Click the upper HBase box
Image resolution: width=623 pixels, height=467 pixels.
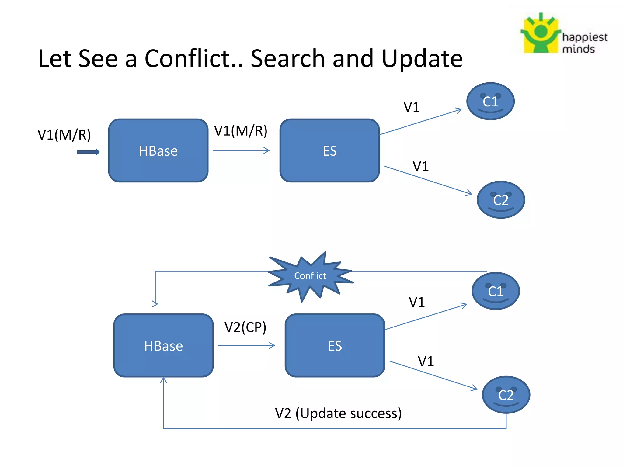coord(158,150)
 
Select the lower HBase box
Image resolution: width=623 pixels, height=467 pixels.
coord(163,346)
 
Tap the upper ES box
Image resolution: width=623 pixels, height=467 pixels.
coord(329,150)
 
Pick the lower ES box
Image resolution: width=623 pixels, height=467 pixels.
coord(335,346)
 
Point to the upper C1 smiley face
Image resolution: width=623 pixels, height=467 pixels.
coord(490,101)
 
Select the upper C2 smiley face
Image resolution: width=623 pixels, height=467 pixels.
coord(501,200)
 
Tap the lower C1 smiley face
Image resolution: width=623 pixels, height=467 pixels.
coord(496,291)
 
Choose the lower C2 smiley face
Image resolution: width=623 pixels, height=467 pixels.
coord(506,395)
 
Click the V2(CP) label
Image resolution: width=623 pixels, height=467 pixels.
coord(245,327)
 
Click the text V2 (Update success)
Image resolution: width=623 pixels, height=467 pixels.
coord(338,413)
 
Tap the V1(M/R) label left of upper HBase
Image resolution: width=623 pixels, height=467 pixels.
coord(64,135)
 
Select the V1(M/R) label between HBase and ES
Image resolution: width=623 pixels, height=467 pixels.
coord(241,131)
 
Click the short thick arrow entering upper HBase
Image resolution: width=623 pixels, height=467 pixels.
coord(88,152)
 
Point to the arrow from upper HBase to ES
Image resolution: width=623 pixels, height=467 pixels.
coord(241,150)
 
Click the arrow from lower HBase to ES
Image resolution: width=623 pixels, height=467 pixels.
coord(246,345)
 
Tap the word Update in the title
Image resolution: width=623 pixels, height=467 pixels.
coord(422,58)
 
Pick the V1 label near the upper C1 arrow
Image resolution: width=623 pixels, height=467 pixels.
coord(411,107)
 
